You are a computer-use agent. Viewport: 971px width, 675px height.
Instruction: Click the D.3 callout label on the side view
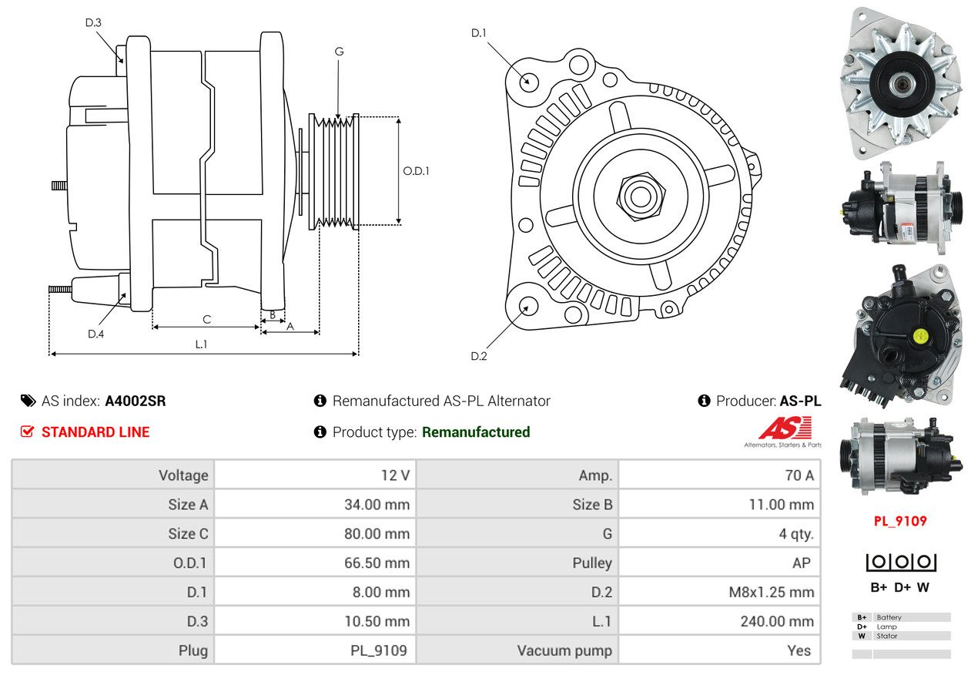pos(93,22)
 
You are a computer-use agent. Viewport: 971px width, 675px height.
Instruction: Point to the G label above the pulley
pos(339,52)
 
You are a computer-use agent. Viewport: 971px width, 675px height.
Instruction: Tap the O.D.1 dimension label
pos(416,171)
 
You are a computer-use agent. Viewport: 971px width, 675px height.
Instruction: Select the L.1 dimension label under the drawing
pos(201,344)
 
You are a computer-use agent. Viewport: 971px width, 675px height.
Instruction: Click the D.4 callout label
pos(95,334)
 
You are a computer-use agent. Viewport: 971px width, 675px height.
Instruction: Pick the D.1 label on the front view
pos(478,33)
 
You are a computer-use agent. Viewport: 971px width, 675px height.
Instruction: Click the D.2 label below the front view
pos(478,356)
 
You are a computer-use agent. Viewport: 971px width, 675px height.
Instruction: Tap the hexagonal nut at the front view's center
pos(641,196)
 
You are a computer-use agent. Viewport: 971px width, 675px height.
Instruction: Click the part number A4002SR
pos(136,401)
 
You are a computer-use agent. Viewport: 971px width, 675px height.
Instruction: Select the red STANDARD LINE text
pos(95,432)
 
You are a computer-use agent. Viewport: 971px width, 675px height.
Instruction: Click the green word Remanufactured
pos(476,432)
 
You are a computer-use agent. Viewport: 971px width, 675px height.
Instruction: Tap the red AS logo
pos(785,428)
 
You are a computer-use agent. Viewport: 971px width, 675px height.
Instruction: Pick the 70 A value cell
pos(799,475)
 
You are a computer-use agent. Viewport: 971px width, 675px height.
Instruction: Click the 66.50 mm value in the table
pos(377,563)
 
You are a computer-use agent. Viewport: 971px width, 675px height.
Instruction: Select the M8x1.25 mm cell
pos(771,592)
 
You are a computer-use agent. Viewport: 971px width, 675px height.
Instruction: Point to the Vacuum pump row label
pos(564,650)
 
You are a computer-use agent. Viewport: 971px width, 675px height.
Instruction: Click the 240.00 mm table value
pos(777,621)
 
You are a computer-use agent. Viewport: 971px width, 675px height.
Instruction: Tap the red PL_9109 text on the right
pos(900,521)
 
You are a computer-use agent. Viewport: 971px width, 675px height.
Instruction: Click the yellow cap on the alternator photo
pos(920,336)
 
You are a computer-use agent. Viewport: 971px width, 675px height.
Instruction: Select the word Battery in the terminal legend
pos(889,617)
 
